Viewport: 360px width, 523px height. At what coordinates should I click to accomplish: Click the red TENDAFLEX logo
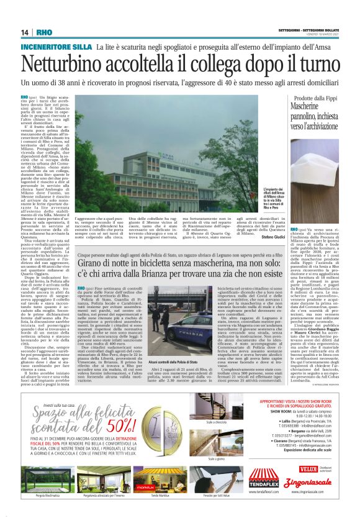click(264, 479)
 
